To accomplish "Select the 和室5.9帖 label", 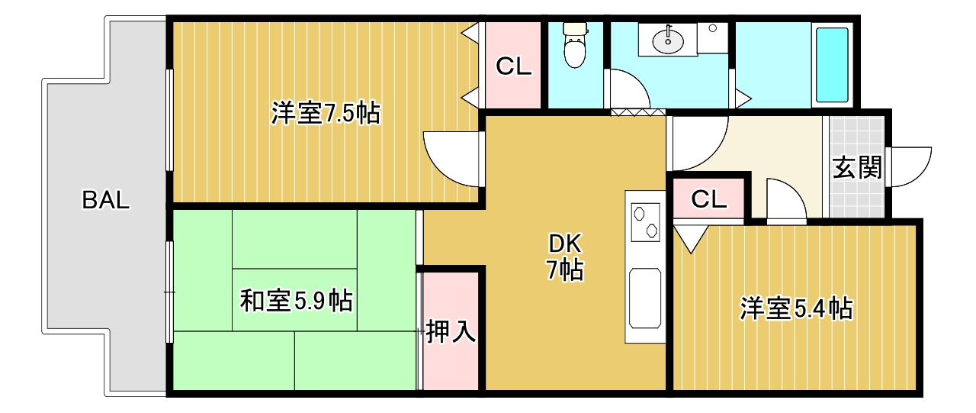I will point(296,301).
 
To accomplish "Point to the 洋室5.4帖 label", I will point(796,308).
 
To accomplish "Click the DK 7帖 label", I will point(565,257).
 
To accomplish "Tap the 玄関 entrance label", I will point(857,167).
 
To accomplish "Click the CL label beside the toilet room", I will point(513,67).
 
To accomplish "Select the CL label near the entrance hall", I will point(708,200).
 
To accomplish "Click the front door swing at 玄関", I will point(911,166).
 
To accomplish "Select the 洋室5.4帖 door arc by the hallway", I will point(785,200).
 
